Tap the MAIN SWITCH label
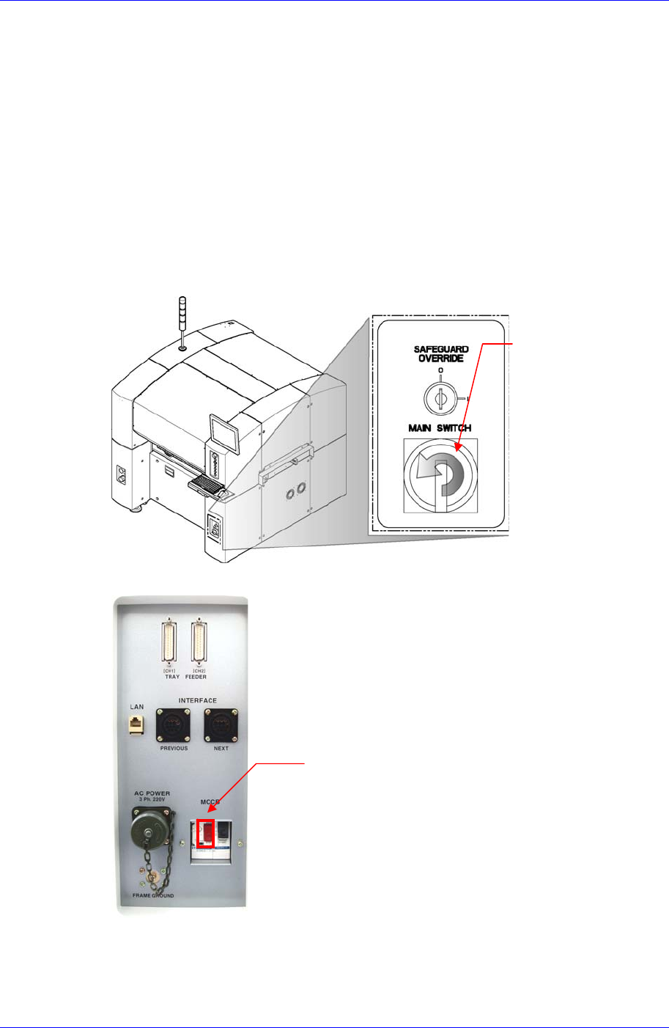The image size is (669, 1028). [x=440, y=427]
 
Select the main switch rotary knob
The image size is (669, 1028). [x=440, y=475]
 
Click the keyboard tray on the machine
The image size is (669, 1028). [x=207, y=485]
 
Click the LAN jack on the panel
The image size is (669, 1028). [x=137, y=724]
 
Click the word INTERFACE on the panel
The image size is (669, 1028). [x=198, y=701]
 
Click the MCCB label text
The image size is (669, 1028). [x=210, y=803]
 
